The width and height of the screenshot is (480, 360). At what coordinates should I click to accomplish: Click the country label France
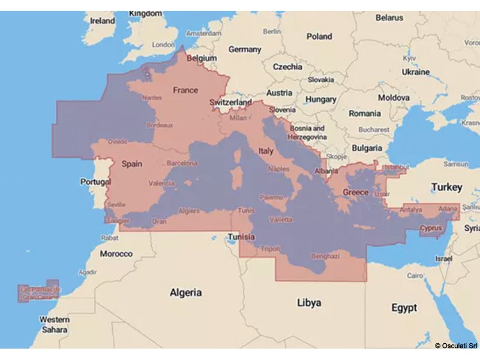(x=185, y=90)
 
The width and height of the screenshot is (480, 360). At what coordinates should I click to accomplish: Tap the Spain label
(x=131, y=163)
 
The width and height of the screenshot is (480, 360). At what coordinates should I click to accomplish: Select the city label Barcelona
(x=182, y=163)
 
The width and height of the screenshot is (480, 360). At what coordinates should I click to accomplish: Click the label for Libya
(x=309, y=303)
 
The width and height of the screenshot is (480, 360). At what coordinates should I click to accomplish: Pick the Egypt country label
(x=404, y=308)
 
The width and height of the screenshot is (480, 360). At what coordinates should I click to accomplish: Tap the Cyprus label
(x=431, y=228)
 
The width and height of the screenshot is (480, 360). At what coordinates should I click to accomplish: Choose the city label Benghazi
(x=324, y=256)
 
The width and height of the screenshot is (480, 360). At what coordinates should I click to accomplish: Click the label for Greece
(x=355, y=193)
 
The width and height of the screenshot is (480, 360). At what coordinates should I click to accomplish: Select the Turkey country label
(x=448, y=187)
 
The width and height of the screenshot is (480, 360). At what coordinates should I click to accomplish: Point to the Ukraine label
(x=415, y=72)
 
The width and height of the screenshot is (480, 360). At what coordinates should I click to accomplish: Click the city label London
(x=164, y=44)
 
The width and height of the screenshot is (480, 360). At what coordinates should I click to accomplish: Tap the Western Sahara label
(x=54, y=325)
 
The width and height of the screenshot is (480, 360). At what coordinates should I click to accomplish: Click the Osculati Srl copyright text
(x=456, y=346)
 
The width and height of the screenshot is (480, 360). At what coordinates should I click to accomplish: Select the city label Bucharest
(x=374, y=129)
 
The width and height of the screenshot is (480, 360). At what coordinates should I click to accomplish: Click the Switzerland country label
(x=230, y=103)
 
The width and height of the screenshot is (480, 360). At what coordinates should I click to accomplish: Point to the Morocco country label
(x=116, y=254)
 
